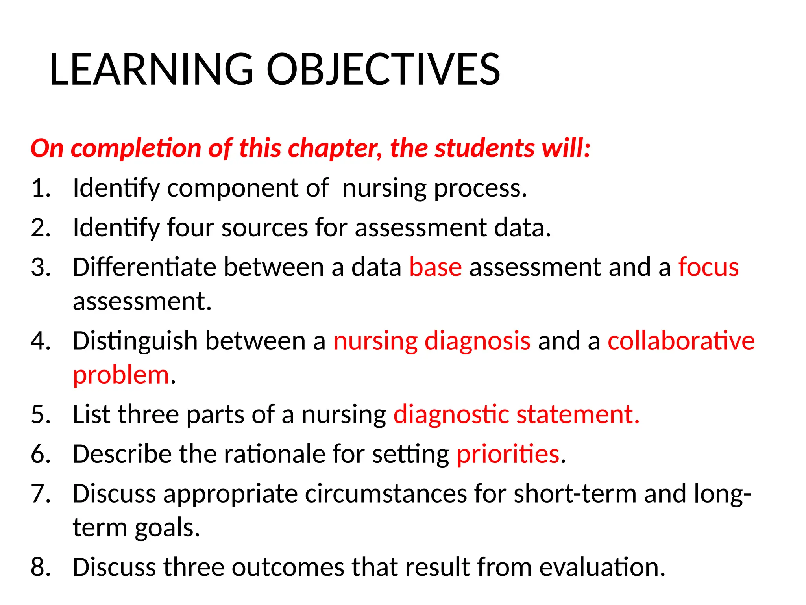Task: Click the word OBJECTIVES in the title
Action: point(383,70)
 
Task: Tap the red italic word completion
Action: point(136,148)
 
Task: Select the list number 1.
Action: point(41,188)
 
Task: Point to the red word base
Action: point(435,267)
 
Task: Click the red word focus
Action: point(708,267)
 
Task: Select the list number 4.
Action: point(41,341)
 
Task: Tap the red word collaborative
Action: point(681,341)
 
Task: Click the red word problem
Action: point(121,375)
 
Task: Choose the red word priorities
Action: point(508,454)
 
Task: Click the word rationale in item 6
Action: point(274,454)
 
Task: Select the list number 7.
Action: point(41,494)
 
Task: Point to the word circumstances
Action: point(386,494)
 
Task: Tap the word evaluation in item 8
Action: point(602,567)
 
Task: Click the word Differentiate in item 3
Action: point(144,267)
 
